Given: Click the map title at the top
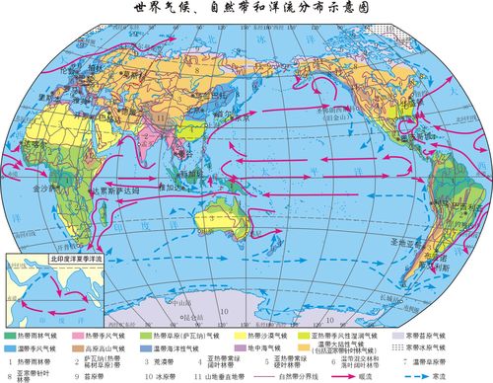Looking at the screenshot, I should pyautogui.click(x=246, y=9).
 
